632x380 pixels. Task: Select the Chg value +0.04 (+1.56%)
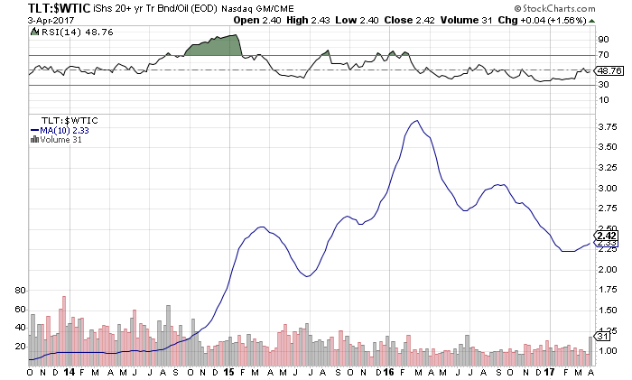coord(587,21)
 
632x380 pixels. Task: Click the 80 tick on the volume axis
coord(22,291)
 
